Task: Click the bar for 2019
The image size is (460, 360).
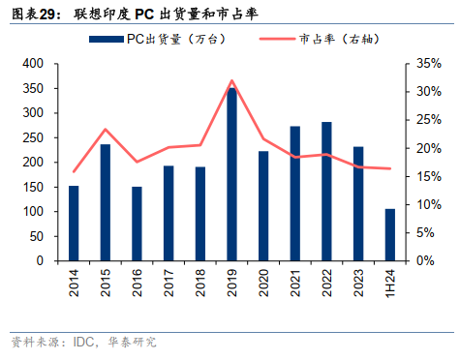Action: [231, 174]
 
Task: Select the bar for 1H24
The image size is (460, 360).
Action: [389, 234]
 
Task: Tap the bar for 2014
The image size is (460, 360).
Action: [74, 223]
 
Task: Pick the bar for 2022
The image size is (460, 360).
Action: [326, 191]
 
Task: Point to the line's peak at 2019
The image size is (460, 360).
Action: [231, 81]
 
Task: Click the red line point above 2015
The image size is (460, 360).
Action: [106, 129]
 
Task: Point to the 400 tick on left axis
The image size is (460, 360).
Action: [32, 63]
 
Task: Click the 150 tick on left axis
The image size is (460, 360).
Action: [32, 187]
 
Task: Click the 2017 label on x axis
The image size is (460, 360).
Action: [169, 282]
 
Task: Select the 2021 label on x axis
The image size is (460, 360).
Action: [295, 282]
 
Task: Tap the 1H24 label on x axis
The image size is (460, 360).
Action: [390, 282]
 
